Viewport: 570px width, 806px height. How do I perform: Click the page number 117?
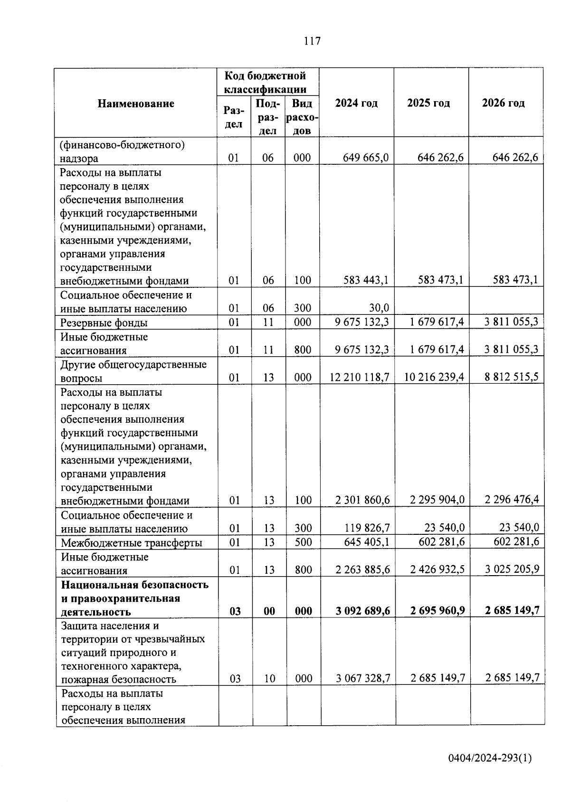click(312, 41)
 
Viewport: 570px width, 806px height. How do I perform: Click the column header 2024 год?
click(356, 104)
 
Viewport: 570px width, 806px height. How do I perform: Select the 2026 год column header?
click(503, 103)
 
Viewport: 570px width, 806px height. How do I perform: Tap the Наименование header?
click(136, 104)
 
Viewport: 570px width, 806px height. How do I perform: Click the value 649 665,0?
click(366, 158)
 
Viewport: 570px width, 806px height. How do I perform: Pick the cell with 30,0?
click(380, 308)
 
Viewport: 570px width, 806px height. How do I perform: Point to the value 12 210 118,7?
click(360, 378)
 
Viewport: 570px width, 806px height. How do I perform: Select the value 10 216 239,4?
click(434, 378)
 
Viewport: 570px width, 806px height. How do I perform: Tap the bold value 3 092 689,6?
click(362, 611)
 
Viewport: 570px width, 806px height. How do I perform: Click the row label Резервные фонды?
click(104, 323)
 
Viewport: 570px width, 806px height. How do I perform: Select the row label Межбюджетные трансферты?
click(132, 543)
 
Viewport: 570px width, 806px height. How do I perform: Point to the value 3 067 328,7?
click(363, 678)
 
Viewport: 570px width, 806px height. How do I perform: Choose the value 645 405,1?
click(367, 542)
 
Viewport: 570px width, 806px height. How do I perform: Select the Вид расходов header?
click(303, 117)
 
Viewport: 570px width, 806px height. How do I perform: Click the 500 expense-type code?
click(303, 542)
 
